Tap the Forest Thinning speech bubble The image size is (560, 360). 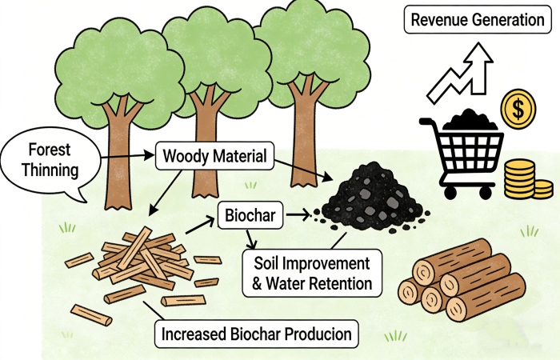pos(49,160)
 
